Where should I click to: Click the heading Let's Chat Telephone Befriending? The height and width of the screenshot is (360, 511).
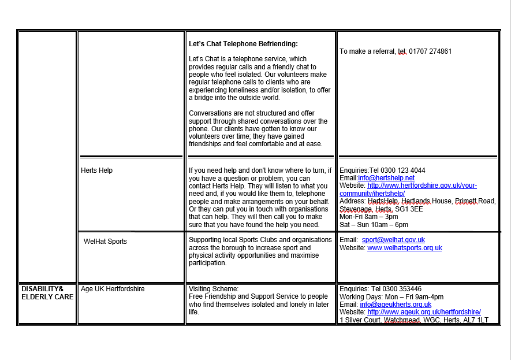pos(243,43)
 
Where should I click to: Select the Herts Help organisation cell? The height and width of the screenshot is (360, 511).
pos(97,170)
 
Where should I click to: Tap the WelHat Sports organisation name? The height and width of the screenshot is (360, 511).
pos(105,241)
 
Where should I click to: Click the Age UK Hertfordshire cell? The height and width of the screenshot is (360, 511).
pos(113,288)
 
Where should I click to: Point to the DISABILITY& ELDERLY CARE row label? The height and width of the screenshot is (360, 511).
pos(47,292)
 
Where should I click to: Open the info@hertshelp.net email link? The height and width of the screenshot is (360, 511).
pos(386,178)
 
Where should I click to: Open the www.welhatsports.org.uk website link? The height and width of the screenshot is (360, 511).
pos(405,248)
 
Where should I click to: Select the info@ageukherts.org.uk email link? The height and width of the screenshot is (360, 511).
pos(396,305)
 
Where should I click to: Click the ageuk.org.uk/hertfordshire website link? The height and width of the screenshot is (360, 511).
pos(424,312)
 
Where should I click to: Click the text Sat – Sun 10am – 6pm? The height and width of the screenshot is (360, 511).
pos(374,225)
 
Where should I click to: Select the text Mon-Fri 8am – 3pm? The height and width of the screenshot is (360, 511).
pos(368,217)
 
